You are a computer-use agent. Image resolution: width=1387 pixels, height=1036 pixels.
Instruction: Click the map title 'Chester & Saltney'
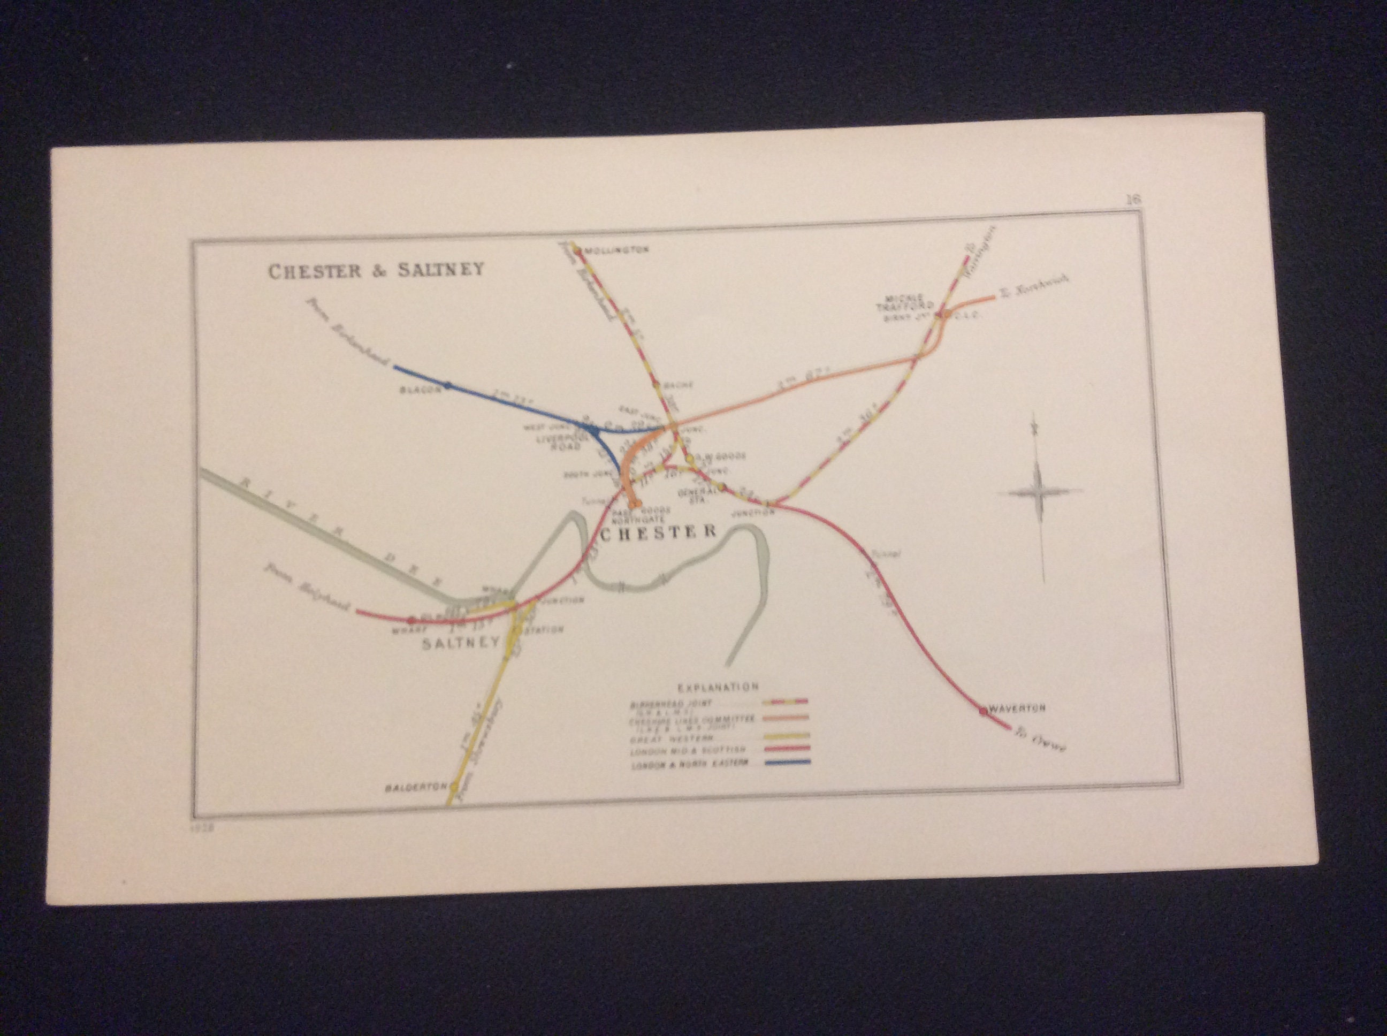[x=376, y=270]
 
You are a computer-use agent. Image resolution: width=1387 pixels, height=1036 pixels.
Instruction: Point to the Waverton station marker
[x=982, y=711]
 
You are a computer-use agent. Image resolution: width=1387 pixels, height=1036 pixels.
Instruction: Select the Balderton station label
[x=416, y=787]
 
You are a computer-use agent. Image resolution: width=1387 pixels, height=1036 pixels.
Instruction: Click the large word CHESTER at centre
[x=658, y=532]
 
